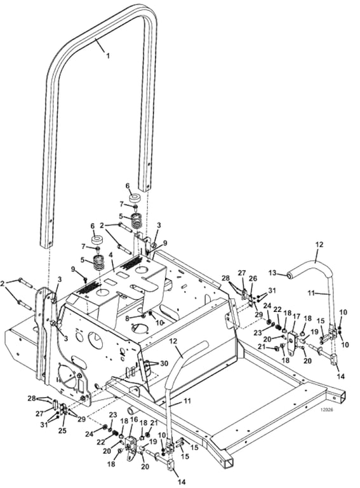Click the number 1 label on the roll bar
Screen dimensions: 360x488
pyautogui.click(x=108, y=56)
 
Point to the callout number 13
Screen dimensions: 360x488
pyautogui.click(x=272, y=273)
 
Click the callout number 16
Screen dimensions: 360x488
pyautogui.click(x=134, y=420)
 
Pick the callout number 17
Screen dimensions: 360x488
pyautogui.click(x=297, y=317)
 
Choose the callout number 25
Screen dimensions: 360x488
pyautogui.click(x=63, y=430)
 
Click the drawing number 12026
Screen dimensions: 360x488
pyautogui.click(x=326, y=410)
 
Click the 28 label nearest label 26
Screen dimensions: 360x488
pyautogui.click(x=225, y=277)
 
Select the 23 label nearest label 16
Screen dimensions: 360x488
pyautogui.click(x=113, y=414)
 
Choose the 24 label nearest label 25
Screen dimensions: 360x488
pyautogui.click(x=90, y=433)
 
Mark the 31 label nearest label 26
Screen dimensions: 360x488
pyautogui.click(x=272, y=290)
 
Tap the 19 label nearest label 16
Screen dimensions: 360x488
pyautogui.click(x=153, y=441)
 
